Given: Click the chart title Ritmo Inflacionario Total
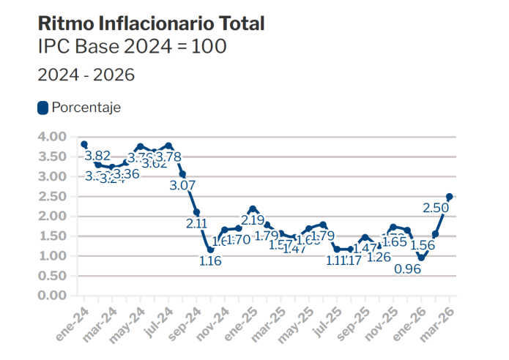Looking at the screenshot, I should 151,23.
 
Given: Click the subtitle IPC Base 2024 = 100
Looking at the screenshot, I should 132,47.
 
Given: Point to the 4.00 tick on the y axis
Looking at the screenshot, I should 53,137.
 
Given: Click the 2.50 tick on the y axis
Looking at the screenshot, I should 53,196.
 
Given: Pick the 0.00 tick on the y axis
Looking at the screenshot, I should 53,296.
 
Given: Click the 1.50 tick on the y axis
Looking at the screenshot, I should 53,236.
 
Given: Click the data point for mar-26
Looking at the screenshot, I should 450,196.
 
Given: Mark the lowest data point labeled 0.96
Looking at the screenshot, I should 421,258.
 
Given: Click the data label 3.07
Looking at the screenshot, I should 182,186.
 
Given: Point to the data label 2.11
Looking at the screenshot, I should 196,224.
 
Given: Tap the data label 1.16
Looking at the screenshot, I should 210,261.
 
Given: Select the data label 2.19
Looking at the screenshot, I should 253,220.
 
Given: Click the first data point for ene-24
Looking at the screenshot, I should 84,144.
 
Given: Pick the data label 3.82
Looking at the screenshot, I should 97,156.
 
